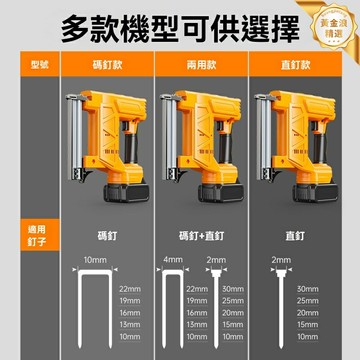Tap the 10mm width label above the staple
coord(95,259)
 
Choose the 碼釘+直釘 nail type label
coord(203,236)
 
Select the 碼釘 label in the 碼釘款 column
coord(105,236)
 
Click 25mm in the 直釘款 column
coord(308,301)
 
